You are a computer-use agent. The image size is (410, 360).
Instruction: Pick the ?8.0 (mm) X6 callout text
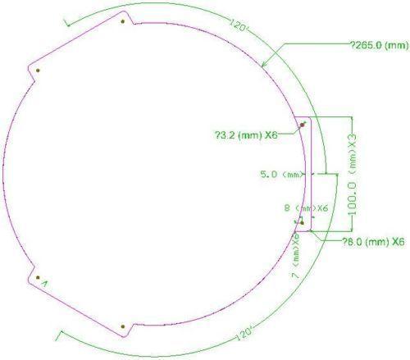(x=373, y=241)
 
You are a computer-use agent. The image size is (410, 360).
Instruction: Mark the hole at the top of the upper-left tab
(x=121, y=21)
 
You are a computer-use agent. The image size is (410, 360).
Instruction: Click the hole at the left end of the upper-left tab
(x=39, y=71)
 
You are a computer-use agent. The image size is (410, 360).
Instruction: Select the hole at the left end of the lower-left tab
(x=38, y=277)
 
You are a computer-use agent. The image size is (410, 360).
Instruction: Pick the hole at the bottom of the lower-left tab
(x=121, y=326)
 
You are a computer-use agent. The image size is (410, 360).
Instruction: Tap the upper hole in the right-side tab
(x=303, y=125)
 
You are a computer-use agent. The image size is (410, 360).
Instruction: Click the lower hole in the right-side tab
(x=303, y=222)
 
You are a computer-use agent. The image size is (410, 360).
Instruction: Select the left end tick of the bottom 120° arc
(x=57, y=335)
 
